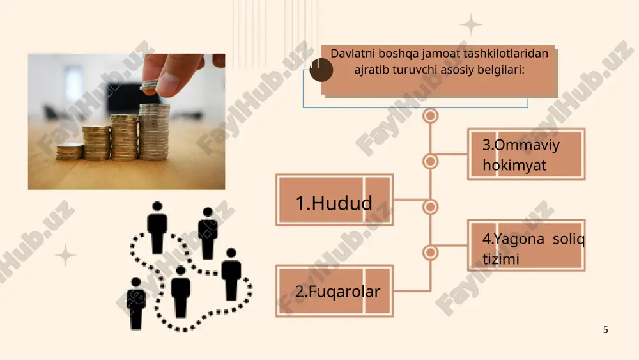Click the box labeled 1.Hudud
[335, 200]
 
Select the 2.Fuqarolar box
[335, 291]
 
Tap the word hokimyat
[514, 165]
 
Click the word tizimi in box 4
[501, 259]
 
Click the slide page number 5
[606, 329]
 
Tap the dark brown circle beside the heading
[321, 69]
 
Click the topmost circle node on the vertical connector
[430, 116]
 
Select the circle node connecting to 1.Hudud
[430, 207]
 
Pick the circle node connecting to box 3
[430, 161]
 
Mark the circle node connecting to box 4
[430, 253]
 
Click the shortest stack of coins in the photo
[69, 152]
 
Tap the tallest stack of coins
[154, 132]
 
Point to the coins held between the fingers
[149, 85]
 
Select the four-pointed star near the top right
[471, 24]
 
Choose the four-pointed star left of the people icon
[65, 255]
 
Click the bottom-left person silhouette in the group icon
[136, 303]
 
